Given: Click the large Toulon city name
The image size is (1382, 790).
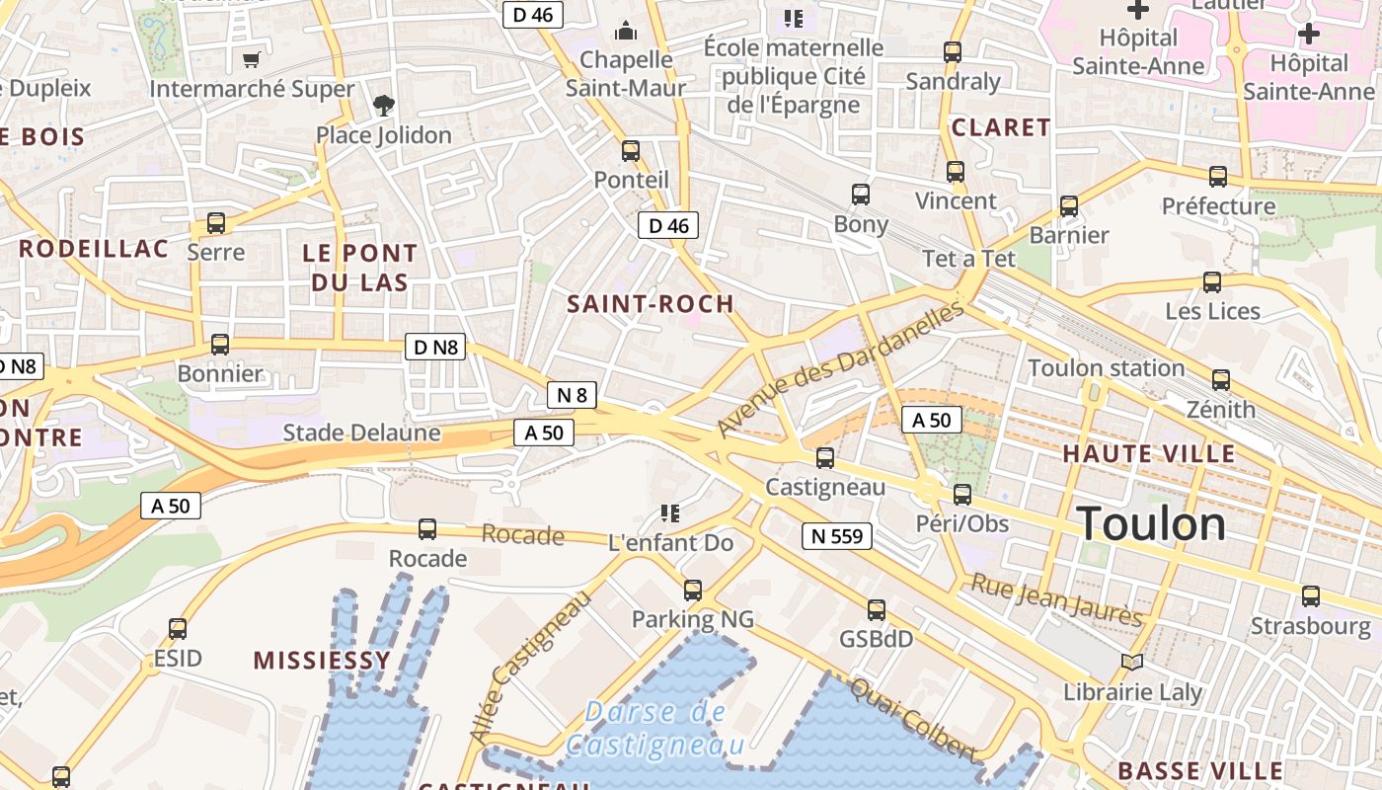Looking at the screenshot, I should click(1151, 523).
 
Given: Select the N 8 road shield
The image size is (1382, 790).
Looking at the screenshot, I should click(572, 396).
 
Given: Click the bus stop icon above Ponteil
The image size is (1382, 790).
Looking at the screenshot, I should click(631, 151).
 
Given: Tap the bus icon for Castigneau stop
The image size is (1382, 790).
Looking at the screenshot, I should click(825, 458).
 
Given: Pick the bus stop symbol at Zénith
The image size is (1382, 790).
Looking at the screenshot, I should click(1221, 380).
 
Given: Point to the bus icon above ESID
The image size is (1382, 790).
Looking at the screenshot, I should click(178, 629).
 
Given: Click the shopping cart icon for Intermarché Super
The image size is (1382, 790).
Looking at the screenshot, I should click(252, 60).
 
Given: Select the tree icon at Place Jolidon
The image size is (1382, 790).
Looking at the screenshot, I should click(383, 105).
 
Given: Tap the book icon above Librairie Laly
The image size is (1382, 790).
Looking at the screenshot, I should click(1132, 663).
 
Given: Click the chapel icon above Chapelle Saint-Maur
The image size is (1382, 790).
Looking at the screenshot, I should click(626, 32).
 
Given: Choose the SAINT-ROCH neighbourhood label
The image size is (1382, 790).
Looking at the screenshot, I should click(651, 304).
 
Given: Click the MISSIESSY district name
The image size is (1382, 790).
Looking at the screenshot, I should click(322, 661).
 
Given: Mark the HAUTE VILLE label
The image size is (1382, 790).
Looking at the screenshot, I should click(1149, 454).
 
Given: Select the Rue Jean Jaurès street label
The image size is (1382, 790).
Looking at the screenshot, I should click(1056, 599).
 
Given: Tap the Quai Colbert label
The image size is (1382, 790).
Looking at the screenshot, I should click(913, 720).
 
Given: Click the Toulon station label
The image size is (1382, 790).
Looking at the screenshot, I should click(1106, 368).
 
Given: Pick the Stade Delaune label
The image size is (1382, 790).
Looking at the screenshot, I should click(361, 433).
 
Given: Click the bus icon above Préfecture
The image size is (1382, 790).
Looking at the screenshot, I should click(1218, 177).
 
